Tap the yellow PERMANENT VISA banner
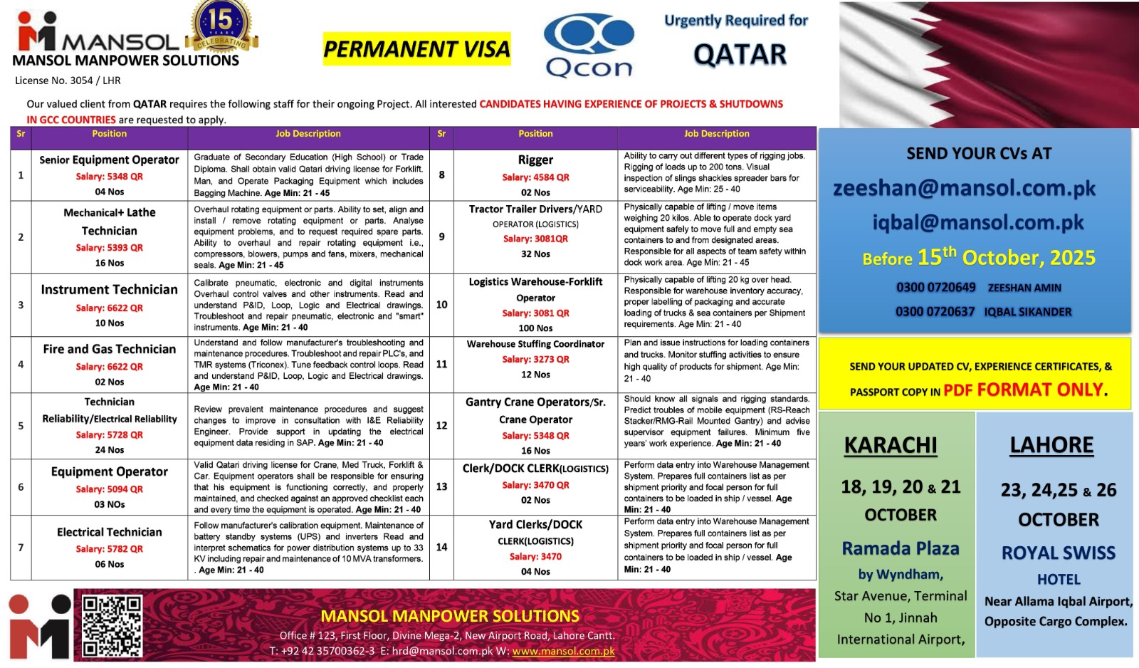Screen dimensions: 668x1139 pyautogui.click(x=416, y=49)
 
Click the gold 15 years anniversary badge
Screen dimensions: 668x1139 pyautogui.click(x=221, y=26)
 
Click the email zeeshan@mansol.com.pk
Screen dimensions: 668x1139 pyautogui.click(x=964, y=188)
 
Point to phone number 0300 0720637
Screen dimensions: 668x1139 pyautogui.click(x=935, y=312)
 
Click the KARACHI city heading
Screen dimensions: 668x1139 pyautogui.click(x=890, y=446)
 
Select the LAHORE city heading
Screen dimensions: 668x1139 pyautogui.click(x=1051, y=446)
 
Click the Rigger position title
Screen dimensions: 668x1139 pyautogui.click(x=535, y=160)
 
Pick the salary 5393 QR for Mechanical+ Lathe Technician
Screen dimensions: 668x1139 pyautogui.click(x=109, y=248)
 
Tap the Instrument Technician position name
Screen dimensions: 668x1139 pyautogui.click(x=109, y=290)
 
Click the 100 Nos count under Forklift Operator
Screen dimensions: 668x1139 pyautogui.click(x=535, y=328)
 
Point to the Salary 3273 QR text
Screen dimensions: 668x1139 pyautogui.click(x=535, y=360)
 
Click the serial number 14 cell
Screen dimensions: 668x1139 pyautogui.click(x=441, y=547)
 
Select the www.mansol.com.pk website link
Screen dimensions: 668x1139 pyautogui.click(x=563, y=651)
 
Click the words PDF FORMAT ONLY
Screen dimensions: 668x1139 pyautogui.click(x=1024, y=390)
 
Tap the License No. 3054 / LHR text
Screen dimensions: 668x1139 pyautogui.click(x=68, y=80)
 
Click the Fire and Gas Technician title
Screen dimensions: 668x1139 pyautogui.click(x=109, y=349)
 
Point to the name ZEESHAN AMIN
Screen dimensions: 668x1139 pyautogui.click(x=1024, y=288)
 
